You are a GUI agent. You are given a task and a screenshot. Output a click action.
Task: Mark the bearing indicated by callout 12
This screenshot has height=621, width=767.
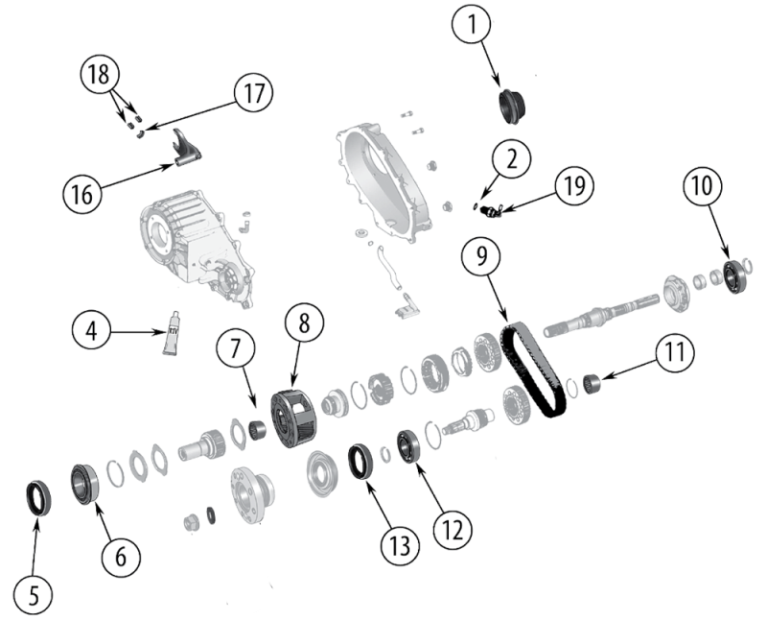tap(409, 446)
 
